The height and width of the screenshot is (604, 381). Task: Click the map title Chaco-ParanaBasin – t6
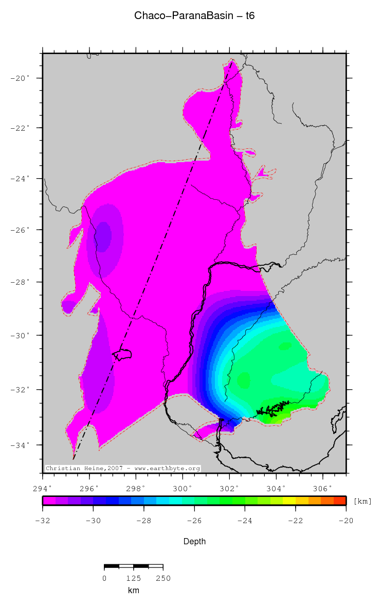(194, 16)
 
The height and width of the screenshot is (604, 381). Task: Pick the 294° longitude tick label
(42, 488)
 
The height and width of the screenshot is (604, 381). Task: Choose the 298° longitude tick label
(136, 488)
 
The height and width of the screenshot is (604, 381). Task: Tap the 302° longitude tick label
(229, 488)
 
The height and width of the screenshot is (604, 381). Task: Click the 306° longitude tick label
(322, 488)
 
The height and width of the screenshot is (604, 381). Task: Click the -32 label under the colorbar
(42, 520)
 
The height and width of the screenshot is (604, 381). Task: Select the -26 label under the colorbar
(194, 520)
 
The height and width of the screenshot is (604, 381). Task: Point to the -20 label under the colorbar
(346, 520)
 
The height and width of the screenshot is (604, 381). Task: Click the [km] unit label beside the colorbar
(362, 501)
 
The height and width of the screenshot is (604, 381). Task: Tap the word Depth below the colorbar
(194, 541)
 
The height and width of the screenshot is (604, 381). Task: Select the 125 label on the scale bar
(133, 578)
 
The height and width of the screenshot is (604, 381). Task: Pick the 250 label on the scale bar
(162, 578)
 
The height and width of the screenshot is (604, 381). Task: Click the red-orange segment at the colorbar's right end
(339, 500)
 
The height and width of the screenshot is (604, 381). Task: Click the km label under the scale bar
(133, 590)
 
